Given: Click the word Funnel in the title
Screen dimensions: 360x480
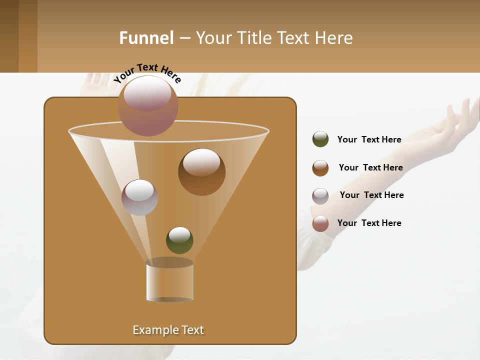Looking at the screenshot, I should [146, 38].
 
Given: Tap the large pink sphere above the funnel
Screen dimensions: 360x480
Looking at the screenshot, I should [148, 105].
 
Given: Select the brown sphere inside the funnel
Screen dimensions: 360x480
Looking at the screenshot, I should [201, 172].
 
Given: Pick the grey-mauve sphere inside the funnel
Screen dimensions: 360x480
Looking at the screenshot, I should [139, 197].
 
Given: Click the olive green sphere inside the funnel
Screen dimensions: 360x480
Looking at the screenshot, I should [179, 240].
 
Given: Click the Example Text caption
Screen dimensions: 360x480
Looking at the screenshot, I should [168, 330].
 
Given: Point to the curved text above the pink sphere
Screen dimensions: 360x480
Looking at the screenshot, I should [147, 73].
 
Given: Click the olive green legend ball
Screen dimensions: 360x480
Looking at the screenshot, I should [320, 139].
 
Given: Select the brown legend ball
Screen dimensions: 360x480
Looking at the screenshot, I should [320, 168].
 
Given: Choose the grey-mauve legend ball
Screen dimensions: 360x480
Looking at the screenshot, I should [320, 196].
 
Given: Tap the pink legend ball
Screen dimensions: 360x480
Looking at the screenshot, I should [320, 223].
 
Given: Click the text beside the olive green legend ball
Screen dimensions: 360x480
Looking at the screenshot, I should [369, 139].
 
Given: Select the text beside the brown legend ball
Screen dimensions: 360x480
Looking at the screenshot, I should [370, 167].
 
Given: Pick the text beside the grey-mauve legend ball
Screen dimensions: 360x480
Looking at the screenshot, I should [371, 195].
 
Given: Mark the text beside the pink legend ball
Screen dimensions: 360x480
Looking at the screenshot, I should [369, 223].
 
